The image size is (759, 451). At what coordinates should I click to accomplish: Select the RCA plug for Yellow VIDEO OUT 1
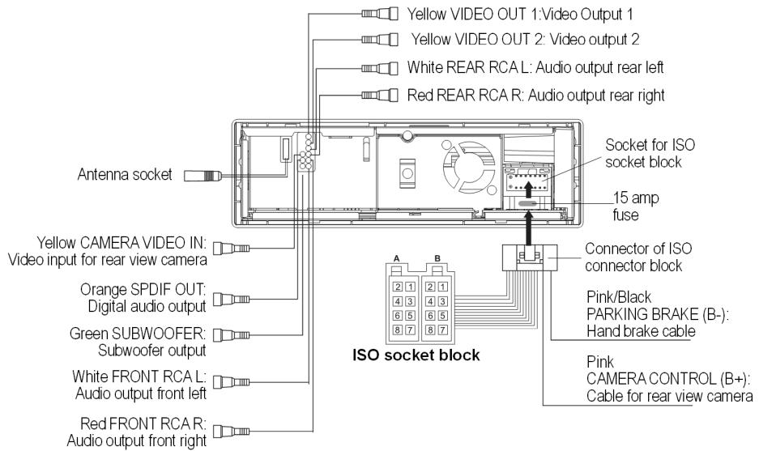point(382,14)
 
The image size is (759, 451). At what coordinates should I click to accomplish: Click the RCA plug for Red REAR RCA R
point(382,96)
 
